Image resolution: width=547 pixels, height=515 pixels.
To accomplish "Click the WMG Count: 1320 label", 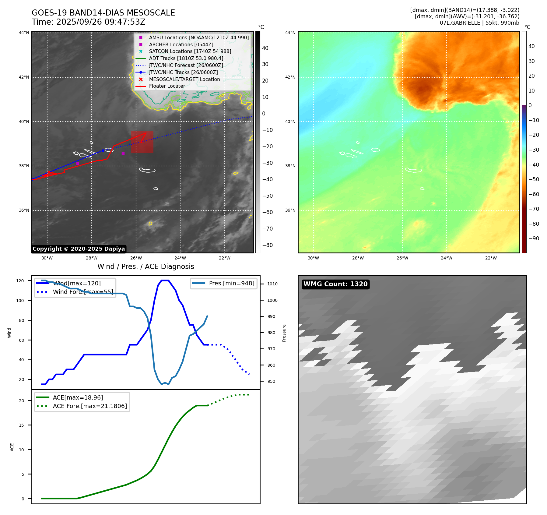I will [335, 284].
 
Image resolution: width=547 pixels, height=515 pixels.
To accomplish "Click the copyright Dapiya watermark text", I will [79, 249].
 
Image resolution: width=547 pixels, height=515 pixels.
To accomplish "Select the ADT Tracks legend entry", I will [186, 58].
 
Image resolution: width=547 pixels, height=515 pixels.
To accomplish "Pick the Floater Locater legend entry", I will [167, 86].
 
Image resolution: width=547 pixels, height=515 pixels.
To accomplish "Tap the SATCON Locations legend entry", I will [190, 51].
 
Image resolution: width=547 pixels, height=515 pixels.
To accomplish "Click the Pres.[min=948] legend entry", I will [231, 283].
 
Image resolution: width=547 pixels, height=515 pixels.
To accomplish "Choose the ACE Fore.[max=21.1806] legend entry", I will [90, 406].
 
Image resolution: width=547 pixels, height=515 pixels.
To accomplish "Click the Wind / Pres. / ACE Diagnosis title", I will [146, 266].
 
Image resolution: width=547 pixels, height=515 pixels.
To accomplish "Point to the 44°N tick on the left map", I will [24, 33].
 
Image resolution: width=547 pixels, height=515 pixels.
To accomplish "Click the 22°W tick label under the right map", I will [491, 258].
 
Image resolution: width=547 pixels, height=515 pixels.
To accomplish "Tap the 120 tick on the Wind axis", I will [20, 281].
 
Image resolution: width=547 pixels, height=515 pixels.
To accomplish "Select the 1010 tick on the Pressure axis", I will [272, 284].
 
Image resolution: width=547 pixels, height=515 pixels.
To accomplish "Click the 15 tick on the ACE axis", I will [21, 425].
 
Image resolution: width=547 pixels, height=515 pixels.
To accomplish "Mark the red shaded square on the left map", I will [142, 142].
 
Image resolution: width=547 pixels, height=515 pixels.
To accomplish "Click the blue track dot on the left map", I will [103, 150].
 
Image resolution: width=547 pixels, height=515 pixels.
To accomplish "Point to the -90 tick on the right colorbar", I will [534, 238].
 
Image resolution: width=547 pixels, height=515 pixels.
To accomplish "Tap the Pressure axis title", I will [284, 333].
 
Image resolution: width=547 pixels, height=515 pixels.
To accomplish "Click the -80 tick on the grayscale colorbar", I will [268, 245].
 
